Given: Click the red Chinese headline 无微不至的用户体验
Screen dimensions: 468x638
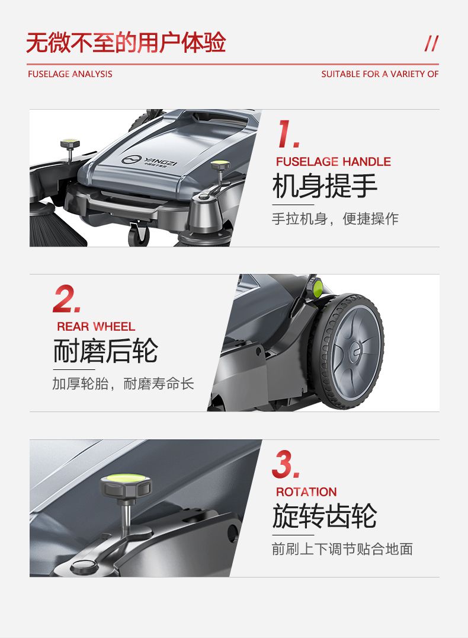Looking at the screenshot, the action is click(126, 43).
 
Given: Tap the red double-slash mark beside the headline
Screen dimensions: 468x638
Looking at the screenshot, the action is click(431, 44).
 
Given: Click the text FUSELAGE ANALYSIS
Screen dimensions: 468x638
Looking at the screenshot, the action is click(70, 74).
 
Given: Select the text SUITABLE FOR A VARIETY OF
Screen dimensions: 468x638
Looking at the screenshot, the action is click(380, 74).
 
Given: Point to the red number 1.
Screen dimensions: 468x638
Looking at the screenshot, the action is click(288, 133).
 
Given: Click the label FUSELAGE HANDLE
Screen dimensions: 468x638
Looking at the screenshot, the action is click(334, 161).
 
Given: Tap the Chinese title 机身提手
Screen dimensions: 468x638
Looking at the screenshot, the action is click(325, 186).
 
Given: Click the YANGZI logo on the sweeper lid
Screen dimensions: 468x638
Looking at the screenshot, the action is click(149, 160).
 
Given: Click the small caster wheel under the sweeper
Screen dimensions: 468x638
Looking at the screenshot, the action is click(138, 234).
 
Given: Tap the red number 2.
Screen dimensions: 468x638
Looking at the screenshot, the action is click(66, 299).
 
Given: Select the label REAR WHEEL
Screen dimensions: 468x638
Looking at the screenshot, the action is click(96, 327).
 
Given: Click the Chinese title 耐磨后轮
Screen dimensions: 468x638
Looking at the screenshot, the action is click(105, 351).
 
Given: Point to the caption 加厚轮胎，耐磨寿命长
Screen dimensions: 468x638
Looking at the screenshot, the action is click(123, 384).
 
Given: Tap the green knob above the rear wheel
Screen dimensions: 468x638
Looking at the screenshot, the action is click(317, 288).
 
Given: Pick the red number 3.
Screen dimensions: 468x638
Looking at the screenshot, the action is click(286, 464).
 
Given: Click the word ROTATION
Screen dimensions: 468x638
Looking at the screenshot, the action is click(307, 492).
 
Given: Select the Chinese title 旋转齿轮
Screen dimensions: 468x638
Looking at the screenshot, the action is click(325, 516).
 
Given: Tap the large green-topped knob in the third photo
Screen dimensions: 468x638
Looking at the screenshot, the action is click(126, 485).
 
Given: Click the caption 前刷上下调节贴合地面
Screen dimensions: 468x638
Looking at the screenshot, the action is click(342, 549).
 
